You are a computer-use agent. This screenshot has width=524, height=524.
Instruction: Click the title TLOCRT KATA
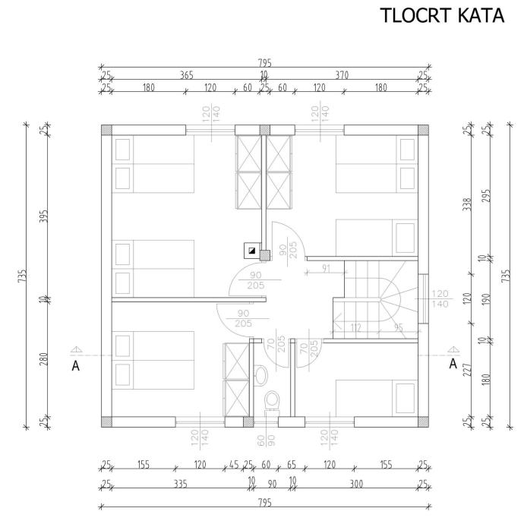(442, 15)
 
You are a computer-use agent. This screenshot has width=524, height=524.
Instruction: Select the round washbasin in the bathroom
(261, 376)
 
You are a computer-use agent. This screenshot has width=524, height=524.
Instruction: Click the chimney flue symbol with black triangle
(252, 251)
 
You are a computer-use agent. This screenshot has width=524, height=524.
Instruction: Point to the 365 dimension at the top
(187, 75)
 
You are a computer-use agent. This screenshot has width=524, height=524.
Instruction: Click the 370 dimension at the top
(342, 75)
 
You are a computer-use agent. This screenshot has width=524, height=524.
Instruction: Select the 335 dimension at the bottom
(181, 484)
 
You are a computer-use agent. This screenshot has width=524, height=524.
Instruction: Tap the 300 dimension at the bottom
(356, 484)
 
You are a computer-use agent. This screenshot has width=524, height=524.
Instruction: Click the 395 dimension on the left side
(44, 216)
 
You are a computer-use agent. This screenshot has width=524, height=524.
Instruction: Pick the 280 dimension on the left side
(44, 359)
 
